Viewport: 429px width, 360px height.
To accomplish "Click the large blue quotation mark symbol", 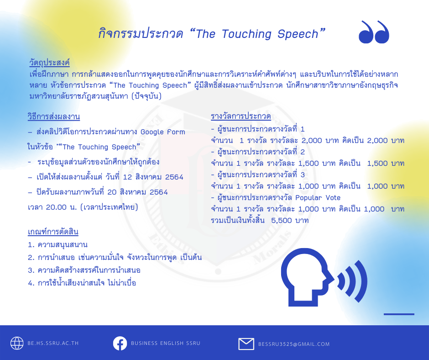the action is pyautogui.click(x=374, y=32).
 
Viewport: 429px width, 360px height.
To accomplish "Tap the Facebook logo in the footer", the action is pyautogui.click(x=120, y=343).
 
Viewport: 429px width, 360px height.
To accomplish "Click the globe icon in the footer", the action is pyautogui.click(x=17, y=343).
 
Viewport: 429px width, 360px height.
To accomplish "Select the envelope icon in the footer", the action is pyautogui.click(x=246, y=344).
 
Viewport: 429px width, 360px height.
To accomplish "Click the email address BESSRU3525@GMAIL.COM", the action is pyautogui.click(x=294, y=344).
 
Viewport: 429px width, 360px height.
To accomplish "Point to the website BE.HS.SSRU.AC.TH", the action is pyautogui.click(x=53, y=343).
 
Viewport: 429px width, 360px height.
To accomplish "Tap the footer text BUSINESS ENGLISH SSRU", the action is pyautogui.click(x=166, y=343).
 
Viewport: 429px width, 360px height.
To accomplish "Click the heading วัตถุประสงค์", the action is pyautogui.click(x=50, y=63).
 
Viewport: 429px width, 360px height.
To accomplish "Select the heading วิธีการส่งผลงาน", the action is pyautogui.click(x=54, y=116).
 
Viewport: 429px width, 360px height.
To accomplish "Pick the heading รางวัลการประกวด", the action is pyautogui.click(x=241, y=116).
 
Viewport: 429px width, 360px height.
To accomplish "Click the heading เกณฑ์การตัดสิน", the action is pyautogui.click(x=53, y=232).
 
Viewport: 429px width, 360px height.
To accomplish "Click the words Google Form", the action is pyautogui.click(x=163, y=132).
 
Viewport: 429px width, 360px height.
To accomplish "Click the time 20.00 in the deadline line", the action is pyautogui.click(x=56, y=207).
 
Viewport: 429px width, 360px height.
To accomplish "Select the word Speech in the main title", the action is pyautogui.click(x=298, y=34).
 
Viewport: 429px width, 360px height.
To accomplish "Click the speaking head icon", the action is pyautogui.click(x=324, y=277).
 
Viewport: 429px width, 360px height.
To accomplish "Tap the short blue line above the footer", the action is pyautogui.click(x=399, y=314).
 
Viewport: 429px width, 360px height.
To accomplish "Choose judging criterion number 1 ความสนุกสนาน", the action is pyautogui.click(x=58, y=244).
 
